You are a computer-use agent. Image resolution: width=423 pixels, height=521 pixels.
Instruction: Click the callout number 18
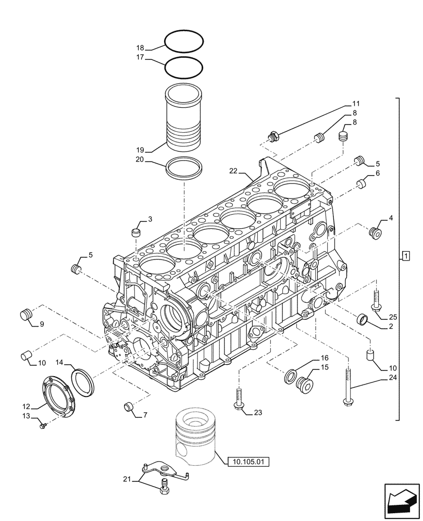pos(140,47)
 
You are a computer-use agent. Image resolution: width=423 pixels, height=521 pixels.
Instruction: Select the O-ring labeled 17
pos(183,67)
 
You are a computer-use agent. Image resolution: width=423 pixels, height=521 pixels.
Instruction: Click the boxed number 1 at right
pos(406,256)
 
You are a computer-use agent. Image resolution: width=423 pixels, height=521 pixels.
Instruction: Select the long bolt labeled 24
pos(347,386)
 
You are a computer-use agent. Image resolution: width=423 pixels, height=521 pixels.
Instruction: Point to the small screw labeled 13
pos(43,426)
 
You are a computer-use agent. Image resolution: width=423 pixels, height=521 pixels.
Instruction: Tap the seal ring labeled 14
pos(81,381)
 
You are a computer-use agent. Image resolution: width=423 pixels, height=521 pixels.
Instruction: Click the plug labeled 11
pos(272,137)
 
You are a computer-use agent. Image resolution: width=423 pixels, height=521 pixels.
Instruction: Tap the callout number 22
pos(233,170)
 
